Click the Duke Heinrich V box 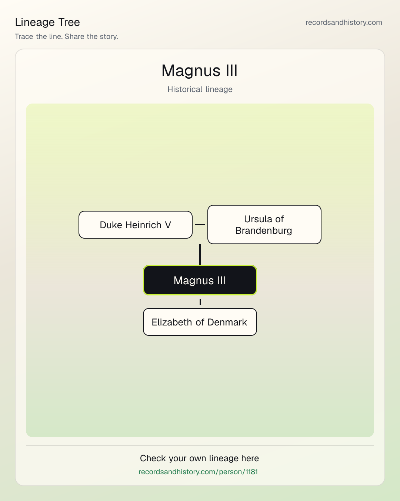pyautogui.click(x=136, y=225)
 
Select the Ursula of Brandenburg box pyautogui.click(x=264, y=225)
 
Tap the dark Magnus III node pyautogui.click(x=200, y=280)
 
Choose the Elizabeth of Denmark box pyautogui.click(x=200, y=322)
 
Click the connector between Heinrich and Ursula pyautogui.click(x=200, y=225)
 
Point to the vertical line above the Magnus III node pyautogui.click(x=200, y=255)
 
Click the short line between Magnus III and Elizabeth pyautogui.click(x=200, y=302)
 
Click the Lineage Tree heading pyautogui.click(x=47, y=22)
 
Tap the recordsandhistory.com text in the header pyautogui.click(x=344, y=22)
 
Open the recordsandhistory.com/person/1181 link pyautogui.click(x=198, y=472)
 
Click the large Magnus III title pyautogui.click(x=200, y=71)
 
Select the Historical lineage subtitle pyautogui.click(x=200, y=89)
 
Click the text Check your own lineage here pyautogui.click(x=199, y=458)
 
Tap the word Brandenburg pyautogui.click(x=264, y=230)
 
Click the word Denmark pyautogui.click(x=227, y=322)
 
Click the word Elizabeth pyautogui.click(x=172, y=322)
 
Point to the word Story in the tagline pyautogui.click(x=109, y=37)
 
